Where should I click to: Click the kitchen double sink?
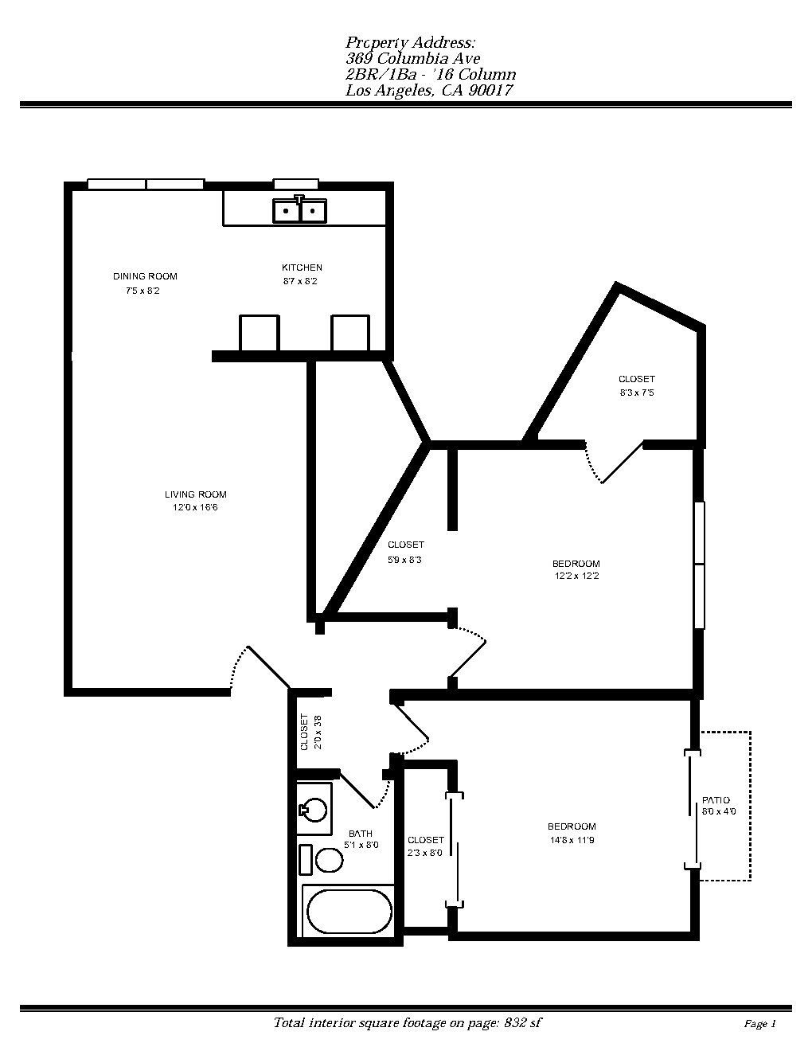[x=299, y=209]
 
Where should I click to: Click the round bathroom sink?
[x=314, y=810]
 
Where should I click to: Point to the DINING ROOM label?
[x=145, y=276]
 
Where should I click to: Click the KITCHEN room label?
[x=302, y=268]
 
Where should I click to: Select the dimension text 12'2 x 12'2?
[x=576, y=576]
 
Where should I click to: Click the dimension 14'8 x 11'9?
[x=572, y=840]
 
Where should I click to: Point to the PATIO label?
[x=716, y=800]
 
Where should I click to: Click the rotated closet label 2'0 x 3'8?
[x=310, y=732]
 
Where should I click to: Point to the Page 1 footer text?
[x=759, y=1024]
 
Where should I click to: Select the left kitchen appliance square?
[x=260, y=333]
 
